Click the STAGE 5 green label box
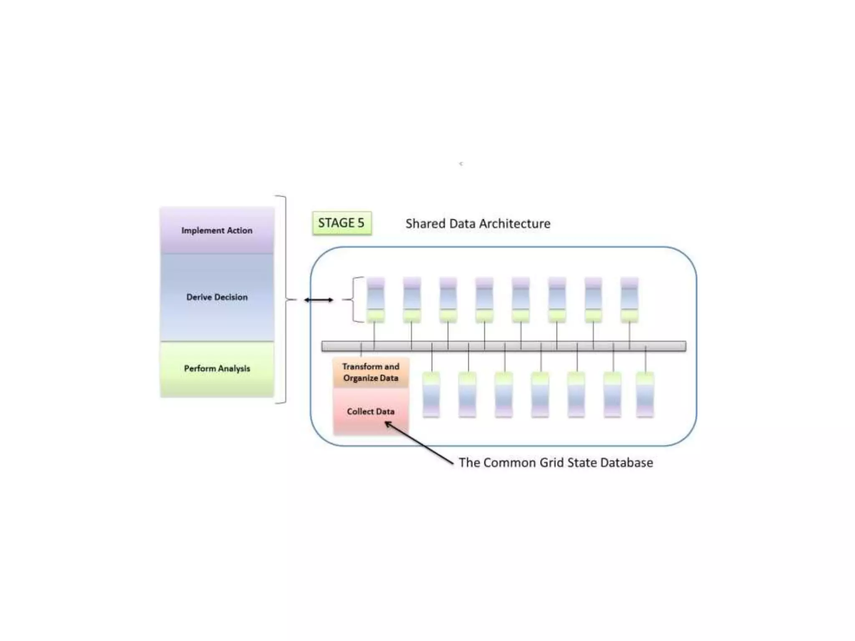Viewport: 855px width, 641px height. tap(341, 223)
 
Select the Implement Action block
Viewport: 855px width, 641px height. tap(217, 230)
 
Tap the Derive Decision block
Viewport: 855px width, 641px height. tap(217, 297)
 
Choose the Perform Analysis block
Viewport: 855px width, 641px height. tap(217, 368)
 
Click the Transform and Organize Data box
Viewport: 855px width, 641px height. tap(371, 372)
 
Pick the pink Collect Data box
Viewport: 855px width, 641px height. tap(371, 411)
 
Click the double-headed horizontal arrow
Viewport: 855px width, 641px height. tap(319, 300)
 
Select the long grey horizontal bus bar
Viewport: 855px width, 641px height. tap(503, 346)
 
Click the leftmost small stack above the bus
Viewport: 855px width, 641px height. tap(376, 300)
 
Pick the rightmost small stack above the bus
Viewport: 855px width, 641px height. tap(629, 300)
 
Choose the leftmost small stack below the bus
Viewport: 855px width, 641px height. tap(431, 395)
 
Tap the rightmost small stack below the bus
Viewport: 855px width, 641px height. tap(645, 395)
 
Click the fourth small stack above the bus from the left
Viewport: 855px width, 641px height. tap(484, 300)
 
